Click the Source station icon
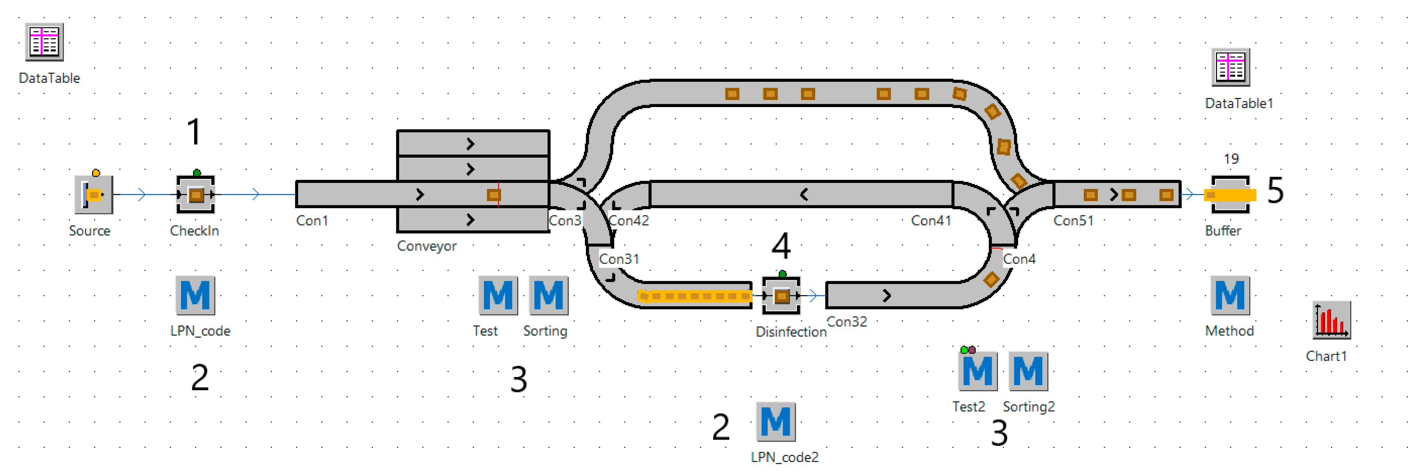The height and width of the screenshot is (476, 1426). (94, 194)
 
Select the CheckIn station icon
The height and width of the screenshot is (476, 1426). (195, 194)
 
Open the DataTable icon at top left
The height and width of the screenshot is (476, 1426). (44, 42)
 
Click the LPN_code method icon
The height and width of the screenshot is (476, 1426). (195, 295)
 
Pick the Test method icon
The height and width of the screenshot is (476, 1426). (497, 295)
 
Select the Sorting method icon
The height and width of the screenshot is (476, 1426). (548, 295)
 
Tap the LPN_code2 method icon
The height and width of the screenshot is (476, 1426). (775, 422)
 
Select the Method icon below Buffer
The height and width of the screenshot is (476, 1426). (1230, 295)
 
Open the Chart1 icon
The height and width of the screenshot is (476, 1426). (1331, 320)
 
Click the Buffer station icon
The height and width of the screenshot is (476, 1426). (1230, 194)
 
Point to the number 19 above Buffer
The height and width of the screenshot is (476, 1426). (1231, 159)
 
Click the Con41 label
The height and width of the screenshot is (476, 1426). (931, 220)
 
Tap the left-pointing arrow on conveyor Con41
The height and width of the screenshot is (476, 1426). (804, 194)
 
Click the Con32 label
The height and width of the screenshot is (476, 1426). (846, 322)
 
